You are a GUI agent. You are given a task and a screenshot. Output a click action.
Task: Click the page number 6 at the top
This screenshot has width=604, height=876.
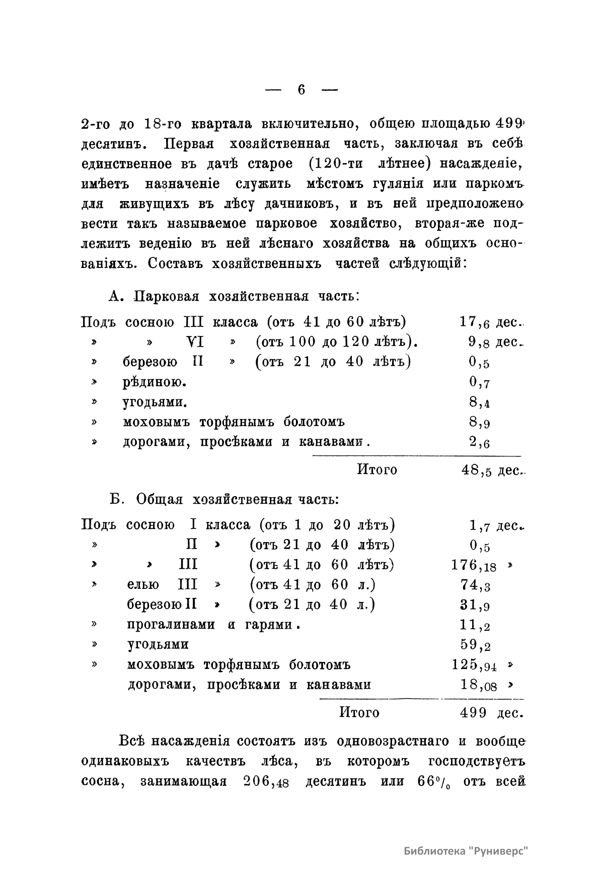(x=301, y=90)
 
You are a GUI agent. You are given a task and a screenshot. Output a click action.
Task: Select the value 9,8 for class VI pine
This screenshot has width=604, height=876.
(x=479, y=343)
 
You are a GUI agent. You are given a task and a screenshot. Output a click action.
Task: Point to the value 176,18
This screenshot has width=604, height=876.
(x=474, y=566)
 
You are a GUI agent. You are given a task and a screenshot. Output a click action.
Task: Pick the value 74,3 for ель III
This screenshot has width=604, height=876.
(x=475, y=585)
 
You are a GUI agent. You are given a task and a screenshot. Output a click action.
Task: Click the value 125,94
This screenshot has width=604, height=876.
(x=474, y=665)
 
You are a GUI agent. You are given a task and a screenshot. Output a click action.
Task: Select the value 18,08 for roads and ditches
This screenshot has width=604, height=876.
(x=478, y=685)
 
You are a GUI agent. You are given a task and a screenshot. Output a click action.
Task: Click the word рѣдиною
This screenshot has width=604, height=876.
(x=154, y=382)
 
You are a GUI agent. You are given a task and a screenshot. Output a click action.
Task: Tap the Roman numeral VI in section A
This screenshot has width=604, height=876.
(x=195, y=342)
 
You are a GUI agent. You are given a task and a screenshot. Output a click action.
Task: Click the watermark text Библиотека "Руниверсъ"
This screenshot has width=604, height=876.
(x=468, y=851)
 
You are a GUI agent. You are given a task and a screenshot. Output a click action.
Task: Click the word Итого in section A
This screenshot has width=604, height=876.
(x=376, y=470)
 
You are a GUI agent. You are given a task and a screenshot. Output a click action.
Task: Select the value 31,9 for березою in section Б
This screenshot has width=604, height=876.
(x=475, y=605)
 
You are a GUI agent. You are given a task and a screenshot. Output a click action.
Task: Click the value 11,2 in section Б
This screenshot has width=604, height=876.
(x=475, y=626)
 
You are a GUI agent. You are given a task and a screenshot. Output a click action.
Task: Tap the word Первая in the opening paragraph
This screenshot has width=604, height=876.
(x=189, y=144)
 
